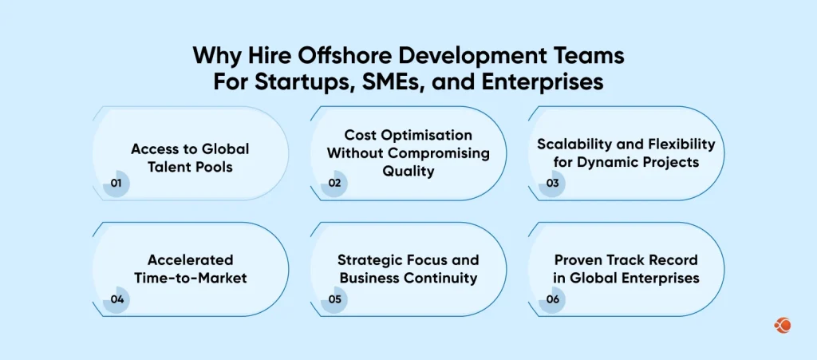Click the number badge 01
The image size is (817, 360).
116,183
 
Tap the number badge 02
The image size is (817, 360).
334,183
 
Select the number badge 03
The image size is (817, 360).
552,183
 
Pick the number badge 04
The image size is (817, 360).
116,299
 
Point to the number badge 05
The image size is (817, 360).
334,299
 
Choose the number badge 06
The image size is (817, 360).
552,299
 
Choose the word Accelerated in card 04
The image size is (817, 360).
190,260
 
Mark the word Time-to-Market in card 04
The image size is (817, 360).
190,278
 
